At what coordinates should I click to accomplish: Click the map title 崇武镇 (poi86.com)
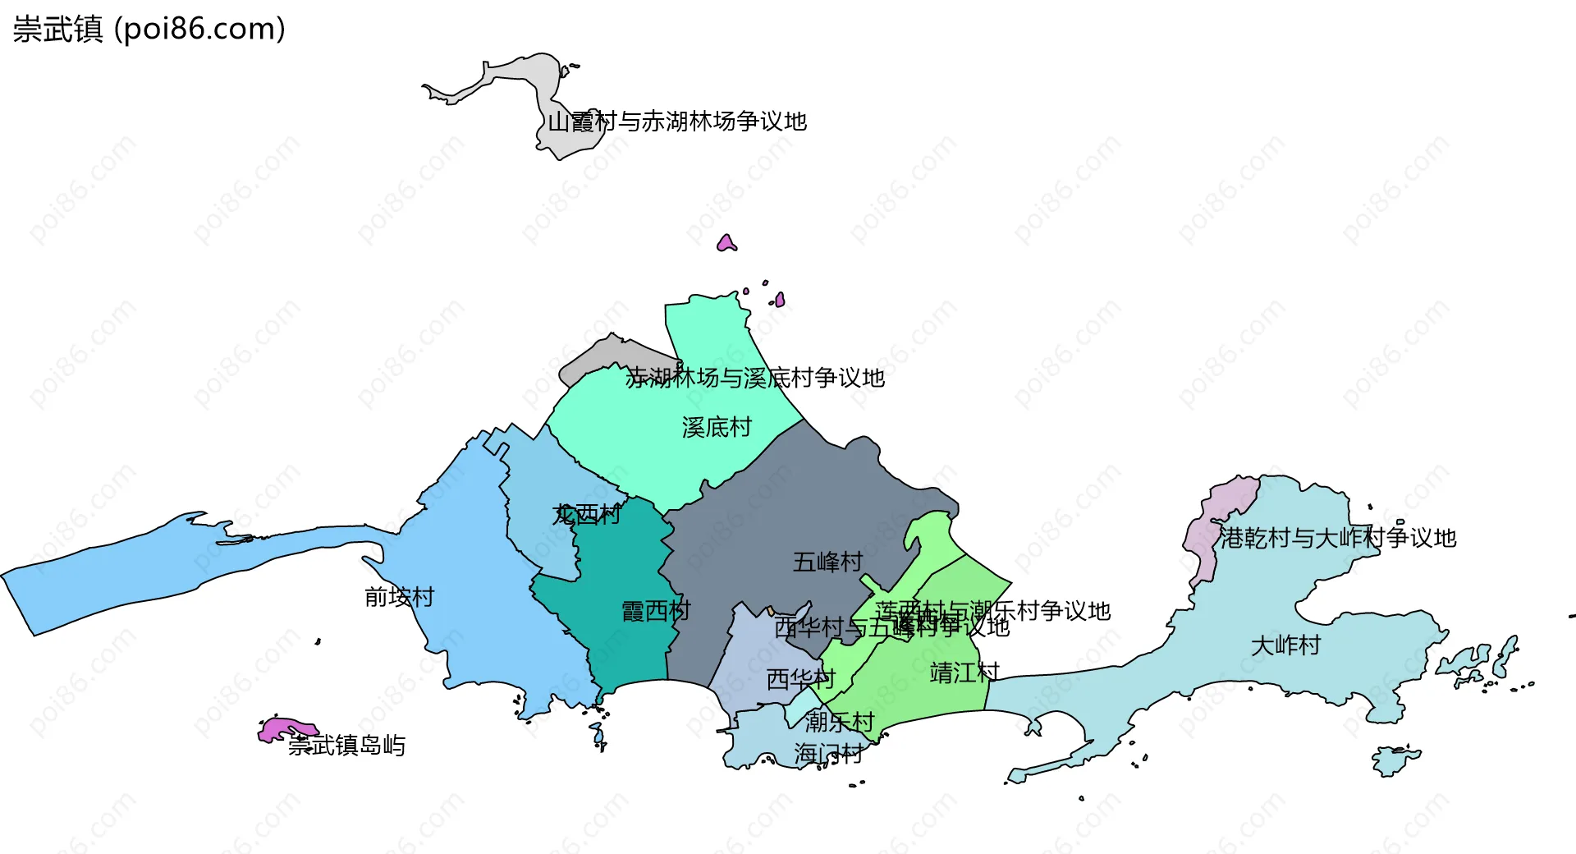149,29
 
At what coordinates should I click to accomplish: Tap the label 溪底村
717,427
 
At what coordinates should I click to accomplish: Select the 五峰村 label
827,562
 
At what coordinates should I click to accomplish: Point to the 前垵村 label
399,597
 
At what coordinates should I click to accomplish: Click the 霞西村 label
656,611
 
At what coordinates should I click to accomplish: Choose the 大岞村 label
1285,645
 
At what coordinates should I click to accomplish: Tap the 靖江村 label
964,673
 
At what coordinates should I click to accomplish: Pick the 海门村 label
828,753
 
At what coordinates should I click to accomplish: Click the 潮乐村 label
839,722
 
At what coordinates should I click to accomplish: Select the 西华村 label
800,679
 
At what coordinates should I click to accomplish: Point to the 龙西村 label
586,515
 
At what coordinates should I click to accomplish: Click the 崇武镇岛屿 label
346,746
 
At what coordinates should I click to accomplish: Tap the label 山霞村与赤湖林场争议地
677,122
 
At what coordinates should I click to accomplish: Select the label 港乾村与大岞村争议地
1337,538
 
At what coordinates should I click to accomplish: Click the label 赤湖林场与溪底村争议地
754,378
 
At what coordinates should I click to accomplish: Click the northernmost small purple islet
726,243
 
